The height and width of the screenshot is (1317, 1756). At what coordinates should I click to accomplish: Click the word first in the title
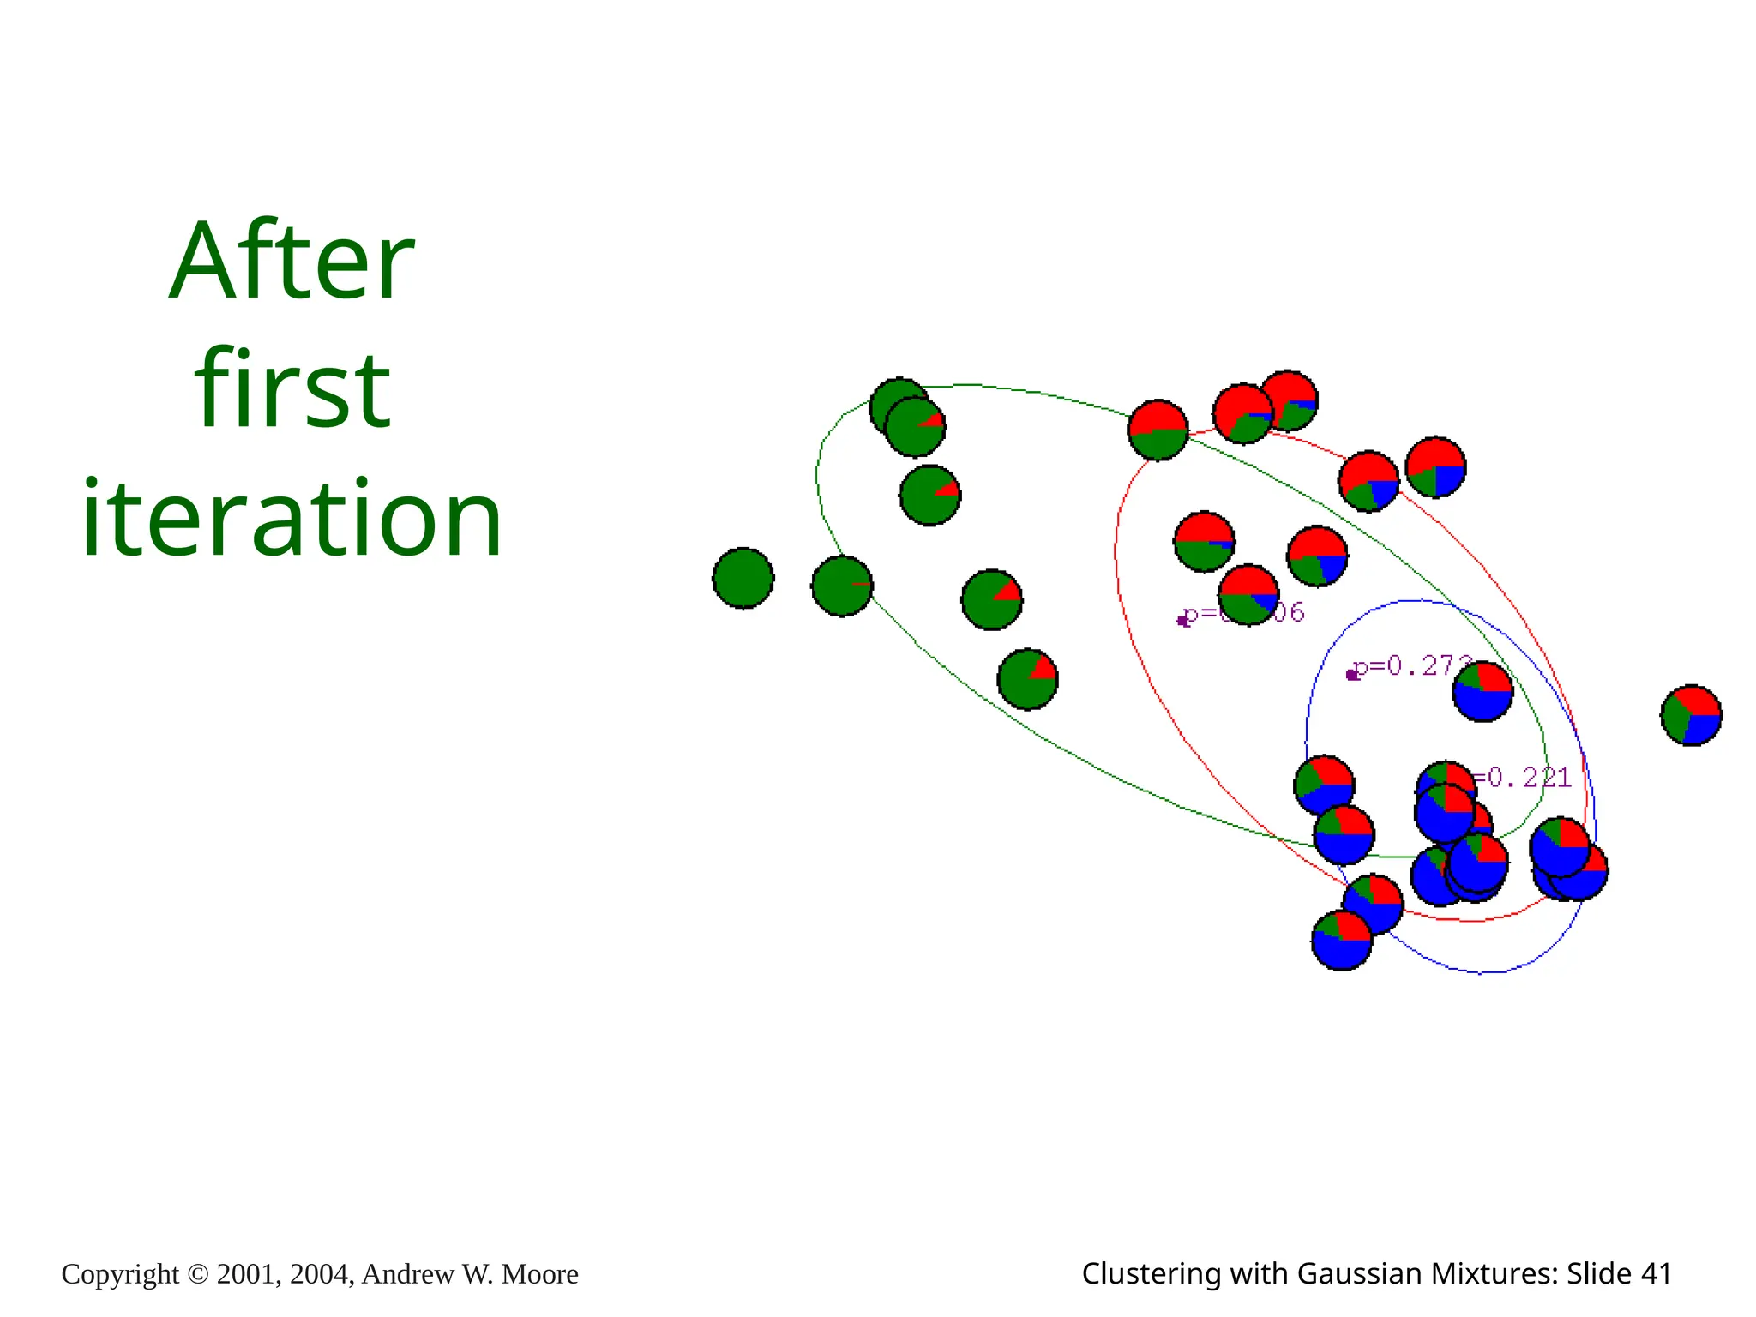pos(292,390)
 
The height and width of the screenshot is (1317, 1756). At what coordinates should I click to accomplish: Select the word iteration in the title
pos(292,519)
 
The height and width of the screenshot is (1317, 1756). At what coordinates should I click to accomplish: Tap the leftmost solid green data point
pos(743,578)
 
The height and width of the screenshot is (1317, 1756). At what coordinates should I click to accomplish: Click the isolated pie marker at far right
pos(1691,715)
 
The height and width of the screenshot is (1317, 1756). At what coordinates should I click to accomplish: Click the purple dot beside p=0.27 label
pos(1352,675)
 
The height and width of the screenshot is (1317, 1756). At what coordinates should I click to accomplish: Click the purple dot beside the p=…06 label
pos(1183,621)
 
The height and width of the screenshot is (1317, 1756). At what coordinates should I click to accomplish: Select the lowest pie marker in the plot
pos(1342,941)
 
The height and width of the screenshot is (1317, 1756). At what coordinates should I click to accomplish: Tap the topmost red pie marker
pos(1288,400)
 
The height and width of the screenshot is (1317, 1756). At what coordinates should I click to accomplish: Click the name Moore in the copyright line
pos(539,1274)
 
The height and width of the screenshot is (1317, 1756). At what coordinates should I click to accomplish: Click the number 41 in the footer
pos(1655,1273)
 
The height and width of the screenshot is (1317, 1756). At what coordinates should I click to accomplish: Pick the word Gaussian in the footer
pos(1354,1273)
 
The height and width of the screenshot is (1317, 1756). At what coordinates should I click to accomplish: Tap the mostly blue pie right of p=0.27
pos(1482,691)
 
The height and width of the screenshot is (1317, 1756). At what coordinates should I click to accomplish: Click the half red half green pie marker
pos(1158,430)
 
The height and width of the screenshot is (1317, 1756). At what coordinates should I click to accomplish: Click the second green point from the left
pos(842,586)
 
